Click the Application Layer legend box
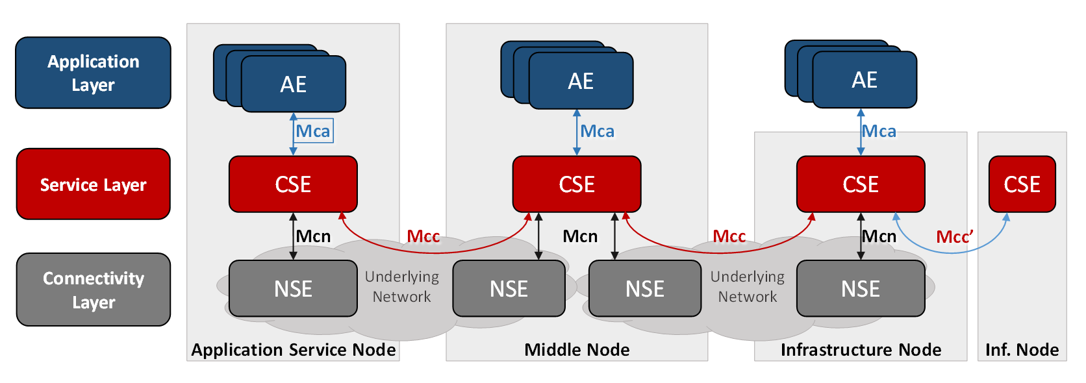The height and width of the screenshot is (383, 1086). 93,73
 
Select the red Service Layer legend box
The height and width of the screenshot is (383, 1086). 93,184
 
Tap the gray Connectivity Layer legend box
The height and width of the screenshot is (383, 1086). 93,290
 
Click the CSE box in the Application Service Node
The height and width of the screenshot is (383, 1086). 293,184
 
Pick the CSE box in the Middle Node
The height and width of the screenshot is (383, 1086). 577,184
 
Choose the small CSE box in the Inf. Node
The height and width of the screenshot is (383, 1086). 1022,184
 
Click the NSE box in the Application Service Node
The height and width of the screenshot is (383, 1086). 293,289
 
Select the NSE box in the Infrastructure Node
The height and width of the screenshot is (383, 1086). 861,289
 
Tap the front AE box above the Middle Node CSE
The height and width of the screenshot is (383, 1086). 581,81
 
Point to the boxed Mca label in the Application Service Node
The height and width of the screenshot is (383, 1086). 314,131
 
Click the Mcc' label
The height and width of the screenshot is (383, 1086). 954,237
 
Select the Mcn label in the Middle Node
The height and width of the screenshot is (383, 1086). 580,236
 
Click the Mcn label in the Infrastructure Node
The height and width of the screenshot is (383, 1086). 879,236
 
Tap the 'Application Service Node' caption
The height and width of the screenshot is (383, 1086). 293,350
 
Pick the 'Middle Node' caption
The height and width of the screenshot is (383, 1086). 577,350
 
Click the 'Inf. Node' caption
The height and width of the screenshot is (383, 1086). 1022,350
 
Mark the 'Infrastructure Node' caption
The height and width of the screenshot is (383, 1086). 861,350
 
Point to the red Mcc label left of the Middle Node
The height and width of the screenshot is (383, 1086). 423,236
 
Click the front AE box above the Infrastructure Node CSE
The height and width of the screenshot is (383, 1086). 865,80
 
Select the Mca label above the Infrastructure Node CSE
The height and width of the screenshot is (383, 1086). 879,131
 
